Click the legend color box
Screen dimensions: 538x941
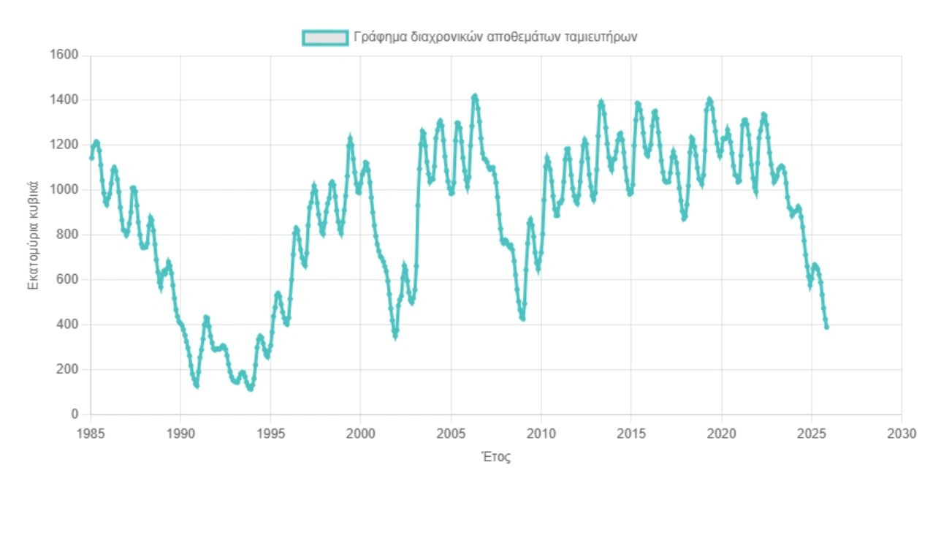click(x=324, y=37)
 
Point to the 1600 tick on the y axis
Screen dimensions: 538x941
click(x=64, y=56)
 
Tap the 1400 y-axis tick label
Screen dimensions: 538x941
click(x=64, y=100)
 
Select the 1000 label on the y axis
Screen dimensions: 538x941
click(x=64, y=190)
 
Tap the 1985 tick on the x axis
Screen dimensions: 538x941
click(x=91, y=433)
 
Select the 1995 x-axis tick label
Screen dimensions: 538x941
click(x=271, y=433)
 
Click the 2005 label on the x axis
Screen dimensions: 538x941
click(x=451, y=433)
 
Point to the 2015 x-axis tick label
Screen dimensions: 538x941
click(x=631, y=433)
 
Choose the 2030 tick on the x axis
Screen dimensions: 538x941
click(x=902, y=433)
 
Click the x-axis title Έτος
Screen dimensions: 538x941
click(x=496, y=458)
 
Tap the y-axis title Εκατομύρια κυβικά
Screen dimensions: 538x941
click(x=33, y=235)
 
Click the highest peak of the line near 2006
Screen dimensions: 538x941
click(x=475, y=96)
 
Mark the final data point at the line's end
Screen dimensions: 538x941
click(x=826, y=327)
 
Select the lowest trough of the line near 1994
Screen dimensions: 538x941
click(x=251, y=388)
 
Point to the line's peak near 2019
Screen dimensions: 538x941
click(x=709, y=99)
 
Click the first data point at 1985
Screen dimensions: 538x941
click(x=91, y=157)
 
